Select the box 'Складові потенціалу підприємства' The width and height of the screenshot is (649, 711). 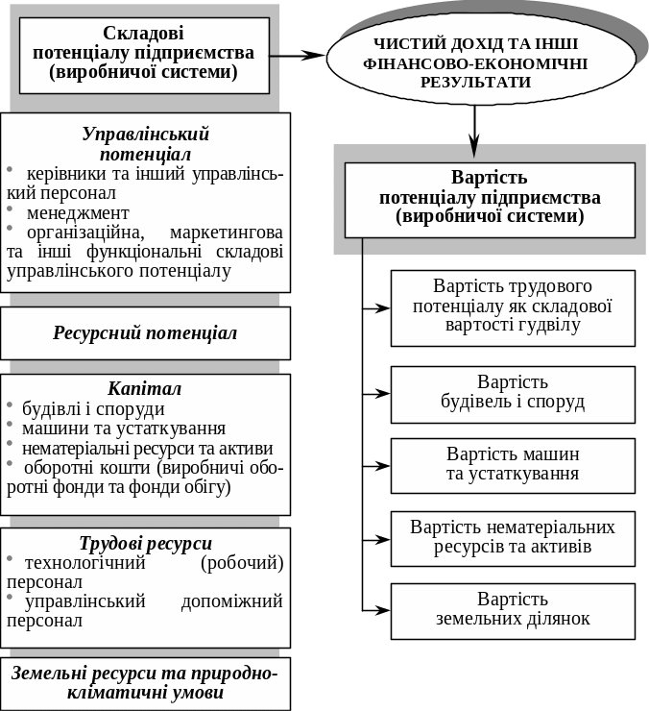144,54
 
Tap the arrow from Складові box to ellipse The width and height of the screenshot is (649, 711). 298,56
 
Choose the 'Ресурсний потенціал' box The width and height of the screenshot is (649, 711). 145,333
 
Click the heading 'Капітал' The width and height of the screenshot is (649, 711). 145,389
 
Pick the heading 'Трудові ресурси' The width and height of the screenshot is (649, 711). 145,543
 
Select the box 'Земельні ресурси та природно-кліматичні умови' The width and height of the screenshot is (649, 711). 145,683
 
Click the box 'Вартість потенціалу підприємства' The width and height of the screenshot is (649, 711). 490,198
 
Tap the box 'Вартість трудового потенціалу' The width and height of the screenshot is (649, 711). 513,306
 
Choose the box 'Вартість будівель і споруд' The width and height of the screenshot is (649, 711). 513,393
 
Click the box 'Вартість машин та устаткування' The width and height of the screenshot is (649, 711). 513,464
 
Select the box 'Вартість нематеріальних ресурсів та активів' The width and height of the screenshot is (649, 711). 513,538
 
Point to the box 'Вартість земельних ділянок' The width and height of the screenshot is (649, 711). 513,610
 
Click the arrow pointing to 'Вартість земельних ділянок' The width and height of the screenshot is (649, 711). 376,610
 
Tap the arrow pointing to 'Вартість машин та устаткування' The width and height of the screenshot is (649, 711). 376,465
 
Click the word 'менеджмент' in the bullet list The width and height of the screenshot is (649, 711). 78,213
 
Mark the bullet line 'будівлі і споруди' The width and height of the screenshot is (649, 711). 87,408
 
